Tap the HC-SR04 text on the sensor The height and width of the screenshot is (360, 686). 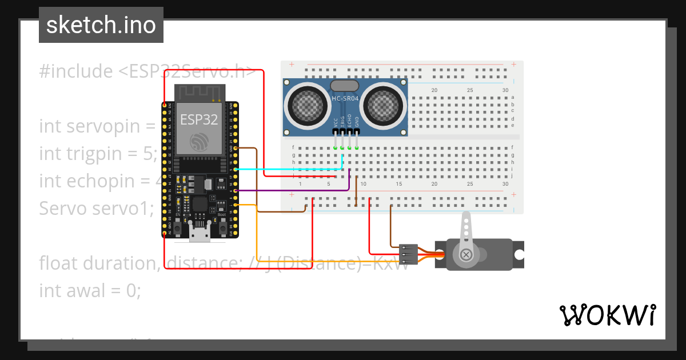click(345, 99)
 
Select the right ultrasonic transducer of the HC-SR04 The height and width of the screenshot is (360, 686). click(381, 104)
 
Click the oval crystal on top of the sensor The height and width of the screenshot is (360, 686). click(344, 86)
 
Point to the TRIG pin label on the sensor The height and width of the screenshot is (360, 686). click(342, 122)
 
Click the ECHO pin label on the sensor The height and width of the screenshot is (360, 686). click(349, 122)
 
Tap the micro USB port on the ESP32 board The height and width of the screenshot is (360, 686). click(200, 232)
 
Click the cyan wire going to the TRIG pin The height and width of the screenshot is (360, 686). click(286, 169)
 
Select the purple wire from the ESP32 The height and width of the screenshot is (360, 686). click(286, 190)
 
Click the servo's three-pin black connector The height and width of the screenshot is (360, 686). click(409, 252)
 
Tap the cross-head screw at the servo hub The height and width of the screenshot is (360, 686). click(466, 254)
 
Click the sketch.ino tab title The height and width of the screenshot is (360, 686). click(101, 25)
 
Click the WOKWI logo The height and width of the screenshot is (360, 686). click(607, 315)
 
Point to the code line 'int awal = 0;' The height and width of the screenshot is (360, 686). click(90, 290)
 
